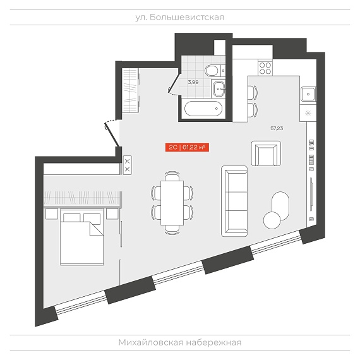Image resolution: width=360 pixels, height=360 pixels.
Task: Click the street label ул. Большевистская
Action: [179, 17]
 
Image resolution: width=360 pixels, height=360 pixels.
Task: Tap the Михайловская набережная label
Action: [180, 342]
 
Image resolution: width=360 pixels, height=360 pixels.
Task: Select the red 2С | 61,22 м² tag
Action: [187, 147]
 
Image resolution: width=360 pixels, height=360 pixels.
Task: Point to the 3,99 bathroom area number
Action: [193, 82]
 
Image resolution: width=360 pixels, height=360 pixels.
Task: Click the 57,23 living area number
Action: [277, 128]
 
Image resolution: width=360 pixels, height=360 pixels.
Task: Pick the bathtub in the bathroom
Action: [203, 109]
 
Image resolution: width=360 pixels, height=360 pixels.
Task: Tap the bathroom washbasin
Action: [219, 88]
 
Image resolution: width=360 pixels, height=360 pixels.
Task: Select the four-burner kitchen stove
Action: [265, 68]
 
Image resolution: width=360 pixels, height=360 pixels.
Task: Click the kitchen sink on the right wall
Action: [308, 94]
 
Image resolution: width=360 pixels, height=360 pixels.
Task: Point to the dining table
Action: [172, 203]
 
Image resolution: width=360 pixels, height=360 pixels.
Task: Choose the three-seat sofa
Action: [234, 201]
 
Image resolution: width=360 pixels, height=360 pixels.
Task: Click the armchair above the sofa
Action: [266, 153]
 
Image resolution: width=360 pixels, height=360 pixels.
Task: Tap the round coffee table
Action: [272, 220]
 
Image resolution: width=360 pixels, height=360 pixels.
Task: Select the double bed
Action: [81, 237]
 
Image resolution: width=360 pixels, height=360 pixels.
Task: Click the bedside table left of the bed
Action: [52, 214]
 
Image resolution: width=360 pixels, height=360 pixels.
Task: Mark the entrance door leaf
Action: [112, 135]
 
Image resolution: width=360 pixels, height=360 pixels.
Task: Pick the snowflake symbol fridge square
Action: [308, 114]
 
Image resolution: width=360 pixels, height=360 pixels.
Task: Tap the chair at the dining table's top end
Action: [172, 176]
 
